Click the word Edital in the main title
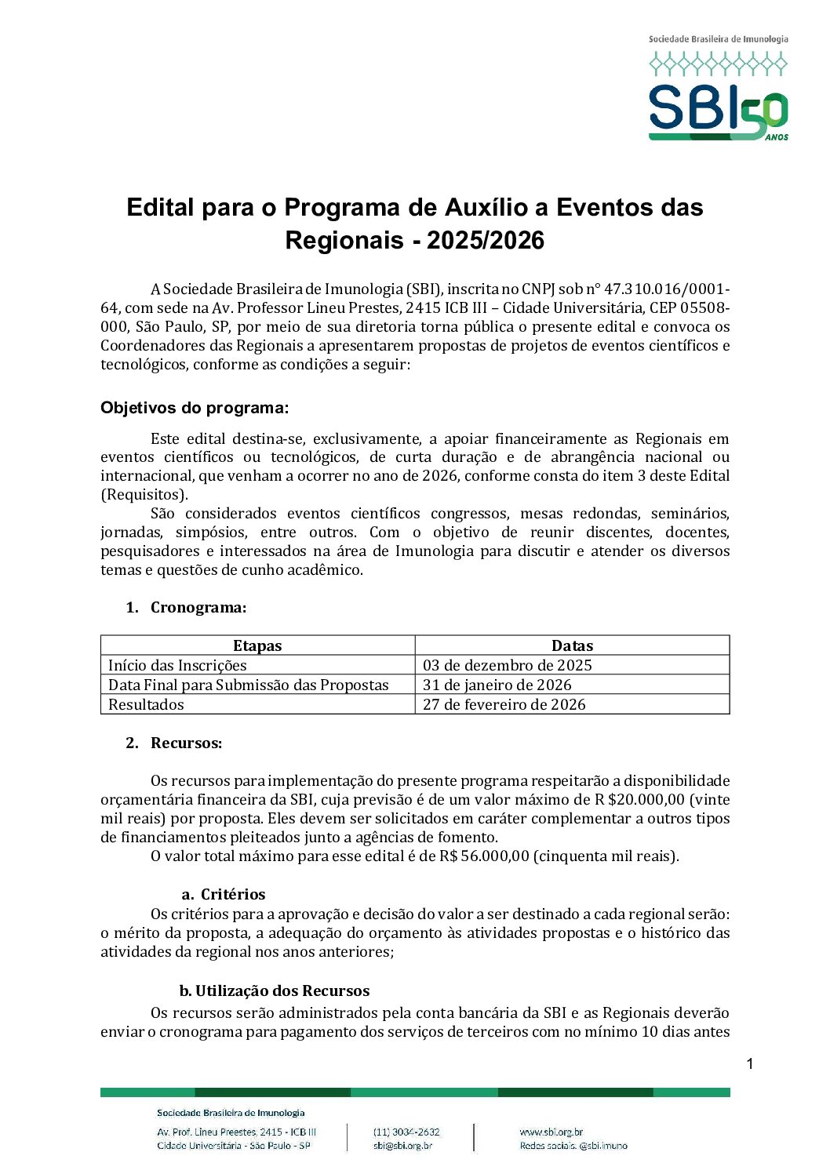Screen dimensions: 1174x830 (x=160, y=208)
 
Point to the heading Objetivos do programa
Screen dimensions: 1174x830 (x=195, y=408)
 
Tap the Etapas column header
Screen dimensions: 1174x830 (x=257, y=645)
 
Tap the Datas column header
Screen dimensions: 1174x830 (x=572, y=645)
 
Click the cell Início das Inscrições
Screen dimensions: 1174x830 (x=177, y=665)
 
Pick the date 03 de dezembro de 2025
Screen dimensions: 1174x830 (x=507, y=665)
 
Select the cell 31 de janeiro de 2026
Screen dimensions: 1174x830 (x=497, y=685)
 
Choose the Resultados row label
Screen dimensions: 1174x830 (x=146, y=704)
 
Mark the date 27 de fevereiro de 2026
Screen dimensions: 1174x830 (x=504, y=704)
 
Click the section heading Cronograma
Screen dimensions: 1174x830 (x=198, y=607)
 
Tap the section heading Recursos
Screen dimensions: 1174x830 (x=186, y=743)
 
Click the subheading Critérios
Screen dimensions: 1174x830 (x=232, y=894)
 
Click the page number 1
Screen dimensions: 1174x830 (x=749, y=1064)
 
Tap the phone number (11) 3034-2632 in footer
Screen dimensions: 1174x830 (x=406, y=1132)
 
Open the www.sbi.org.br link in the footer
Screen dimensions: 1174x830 (x=551, y=1132)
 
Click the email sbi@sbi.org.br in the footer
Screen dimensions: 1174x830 (x=402, y=1146)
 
